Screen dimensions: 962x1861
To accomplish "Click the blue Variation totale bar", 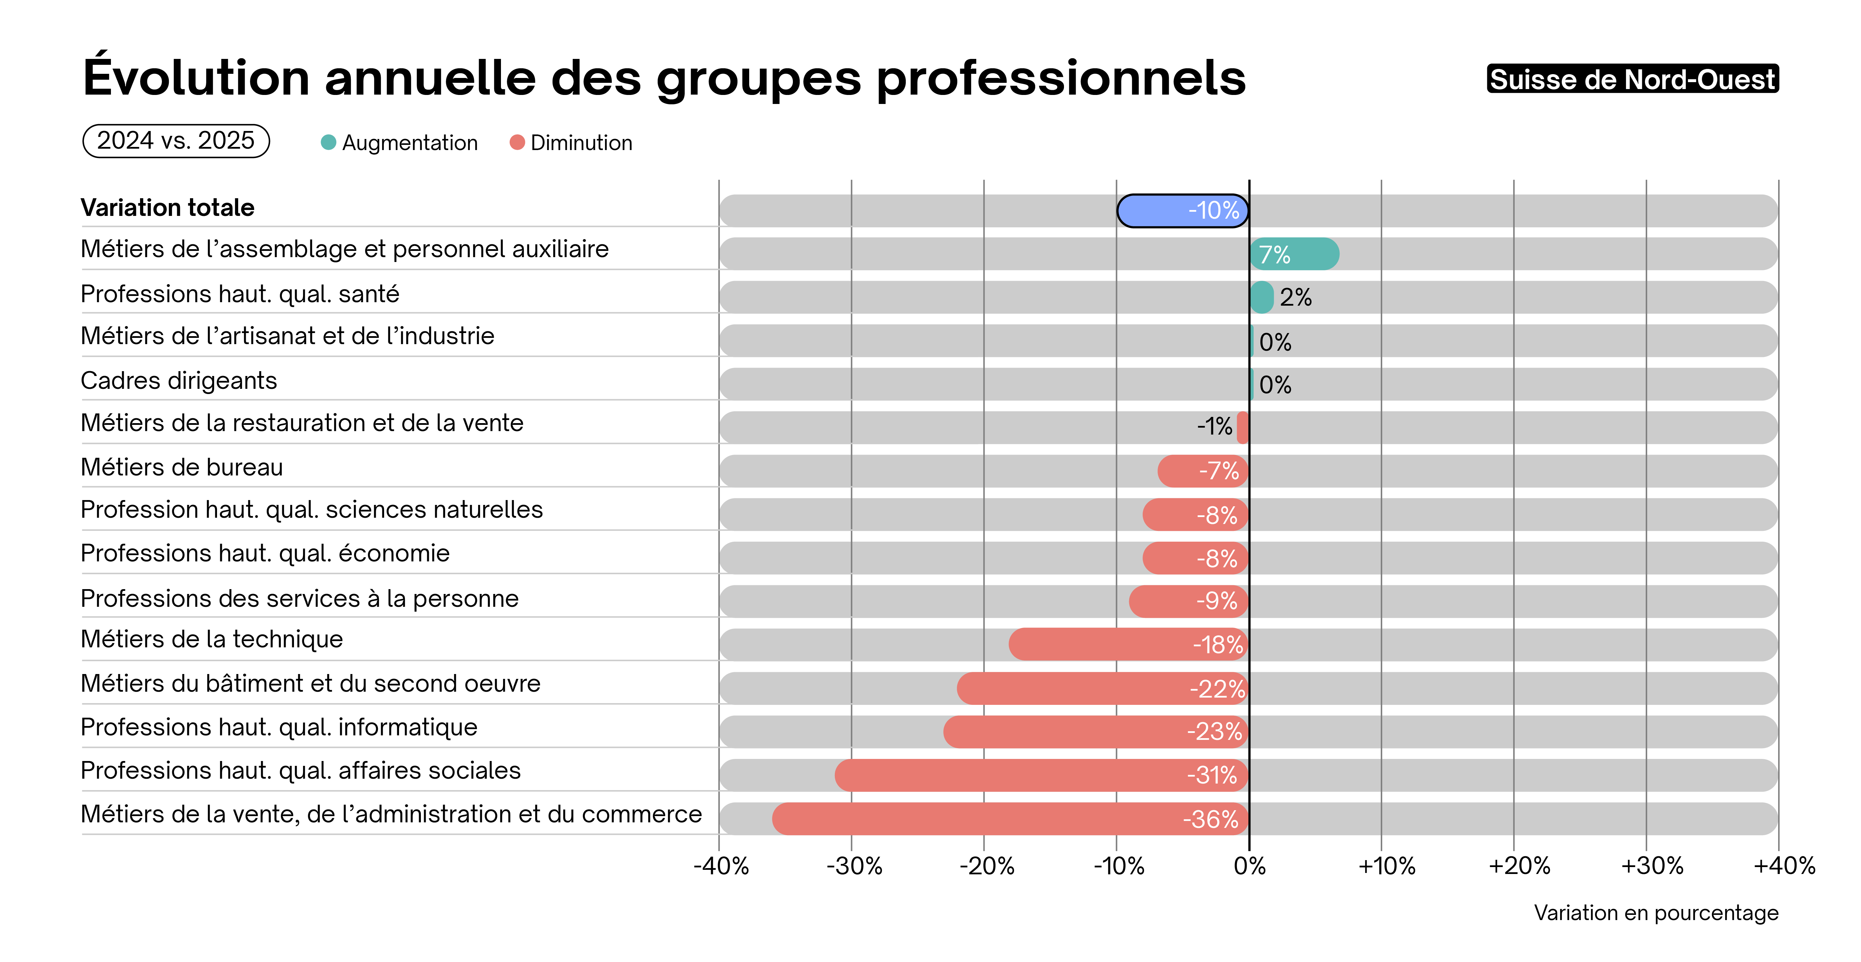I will [1183, 211].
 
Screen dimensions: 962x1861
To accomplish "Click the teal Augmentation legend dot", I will [328, 142].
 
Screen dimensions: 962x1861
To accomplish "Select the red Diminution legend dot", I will [517, 142].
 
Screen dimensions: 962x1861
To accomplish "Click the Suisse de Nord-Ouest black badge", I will [1632, 79].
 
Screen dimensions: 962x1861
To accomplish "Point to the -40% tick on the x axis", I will [720, 865].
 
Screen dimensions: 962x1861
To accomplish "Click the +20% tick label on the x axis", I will [1518, 865].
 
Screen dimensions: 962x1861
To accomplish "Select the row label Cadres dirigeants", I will [179, 381].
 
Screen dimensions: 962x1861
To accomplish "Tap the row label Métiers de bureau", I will [181, 467].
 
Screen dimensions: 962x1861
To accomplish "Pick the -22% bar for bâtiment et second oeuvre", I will [1102, 688].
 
